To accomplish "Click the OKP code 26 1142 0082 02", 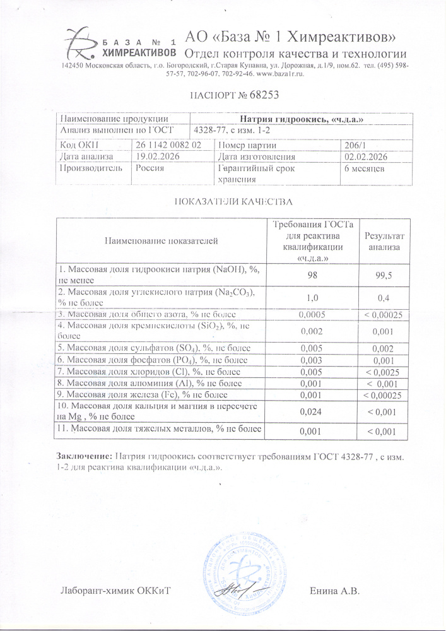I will pos(168,144).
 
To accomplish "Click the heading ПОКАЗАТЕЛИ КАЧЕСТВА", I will pos(232,203).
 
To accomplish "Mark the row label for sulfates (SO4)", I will pos(154,348).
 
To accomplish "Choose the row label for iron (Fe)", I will pos(148,394).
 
